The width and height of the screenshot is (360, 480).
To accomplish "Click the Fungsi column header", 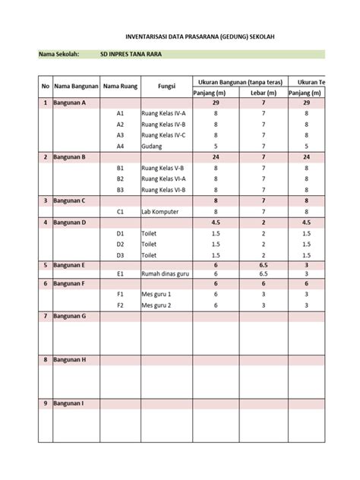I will click(166, 87).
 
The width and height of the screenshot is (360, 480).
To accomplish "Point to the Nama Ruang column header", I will click(119, 87).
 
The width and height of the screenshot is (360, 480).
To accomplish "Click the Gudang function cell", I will click(153, 146).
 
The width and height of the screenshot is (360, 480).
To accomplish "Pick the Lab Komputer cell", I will click(160, 212).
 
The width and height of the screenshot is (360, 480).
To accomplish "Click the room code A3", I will click(120, 134).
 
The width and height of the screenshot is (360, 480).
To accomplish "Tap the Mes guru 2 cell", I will click(156, 305).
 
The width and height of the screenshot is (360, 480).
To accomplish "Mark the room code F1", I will click(120, 294).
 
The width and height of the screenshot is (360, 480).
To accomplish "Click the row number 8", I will click(45, 359).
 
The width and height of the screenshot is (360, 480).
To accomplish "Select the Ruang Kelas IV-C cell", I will click(164, 134).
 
